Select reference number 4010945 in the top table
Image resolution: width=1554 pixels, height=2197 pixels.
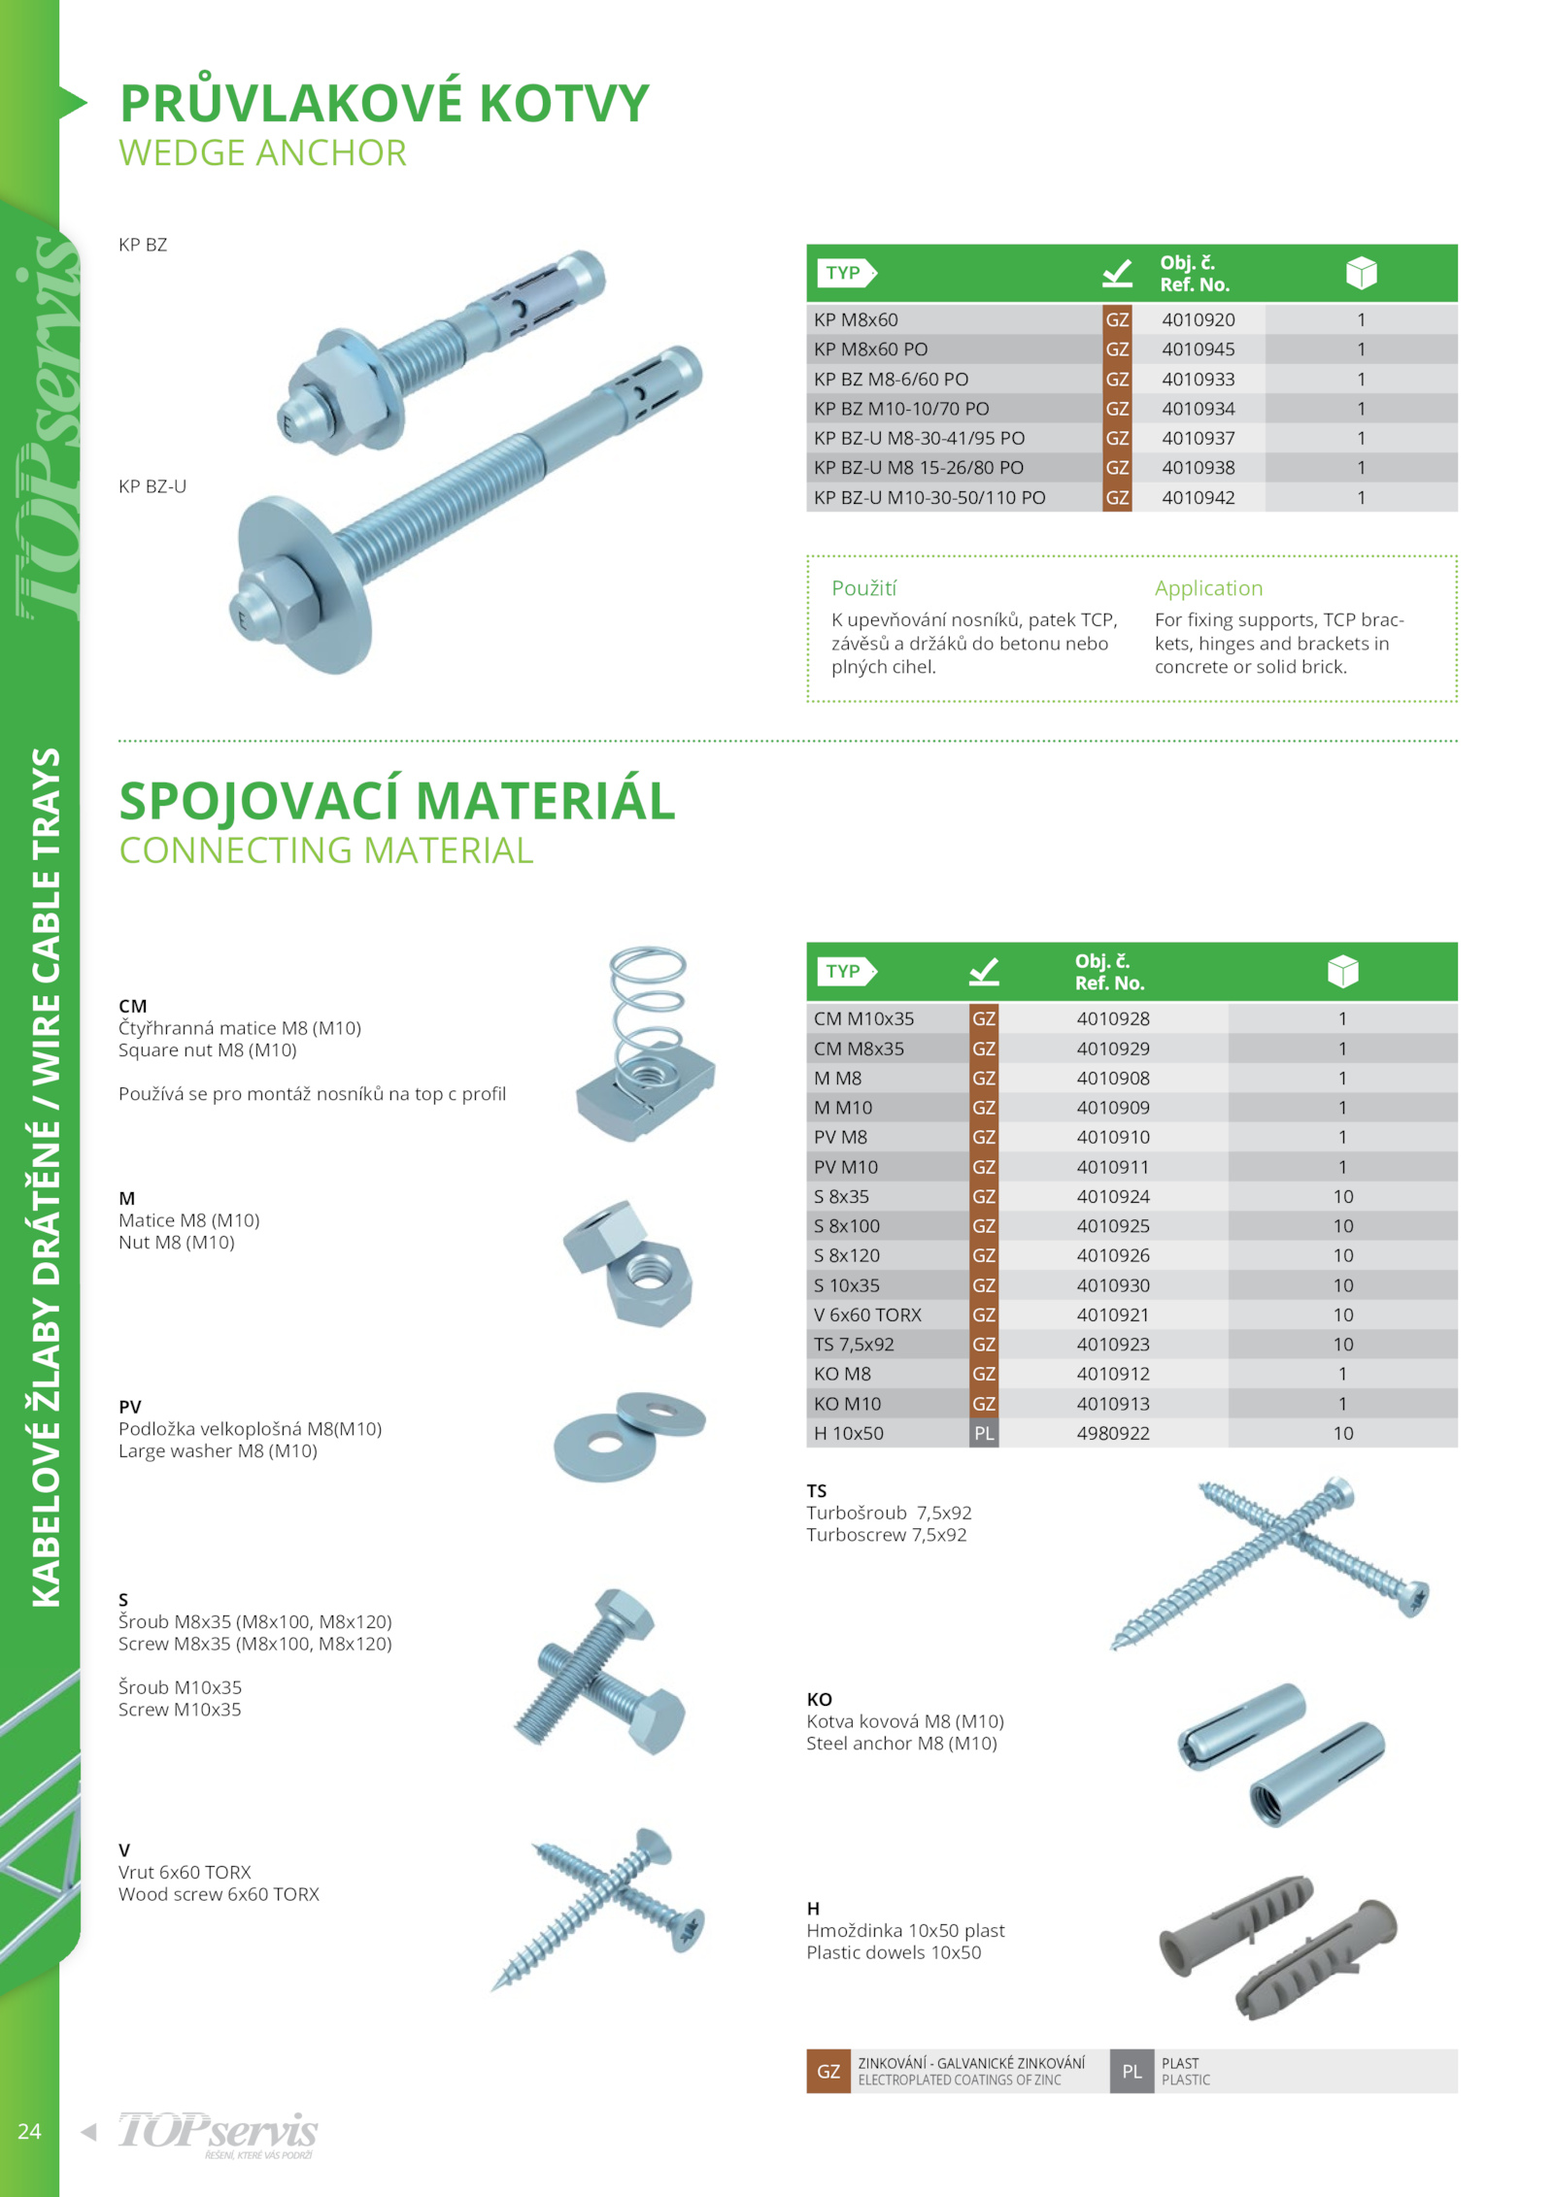click(x=1198, y=349)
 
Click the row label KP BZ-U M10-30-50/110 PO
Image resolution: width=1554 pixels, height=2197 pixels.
click(x=929, y=497)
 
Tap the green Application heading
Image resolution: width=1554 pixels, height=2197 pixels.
click(x=1207, y=587)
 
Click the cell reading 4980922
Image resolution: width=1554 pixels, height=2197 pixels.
click(x=1112, y=1433)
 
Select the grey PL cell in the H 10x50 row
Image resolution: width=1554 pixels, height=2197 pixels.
click(x=983, y=1433)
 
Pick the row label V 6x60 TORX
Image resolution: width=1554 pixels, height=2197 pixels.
click(x=866, y=1315)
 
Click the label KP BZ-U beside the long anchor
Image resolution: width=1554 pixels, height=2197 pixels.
click(x=152, y=485)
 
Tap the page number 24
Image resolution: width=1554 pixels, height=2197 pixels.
click(x=29, y=2131)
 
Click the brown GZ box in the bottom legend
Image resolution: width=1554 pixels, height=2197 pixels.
click(x=828, y=2071)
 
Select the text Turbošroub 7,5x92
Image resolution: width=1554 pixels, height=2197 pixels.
click(x=888, y=1513)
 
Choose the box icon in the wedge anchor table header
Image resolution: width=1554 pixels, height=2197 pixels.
click(x=1361, y=273)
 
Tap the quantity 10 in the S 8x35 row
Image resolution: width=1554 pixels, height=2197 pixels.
click(x=1342, y=1196)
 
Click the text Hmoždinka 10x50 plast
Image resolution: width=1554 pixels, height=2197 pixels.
click(x=905, y=1930)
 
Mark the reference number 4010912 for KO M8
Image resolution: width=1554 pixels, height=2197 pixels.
click(x=1112, y=1374)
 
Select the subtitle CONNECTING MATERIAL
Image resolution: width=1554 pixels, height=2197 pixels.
click(x=325, y=850)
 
